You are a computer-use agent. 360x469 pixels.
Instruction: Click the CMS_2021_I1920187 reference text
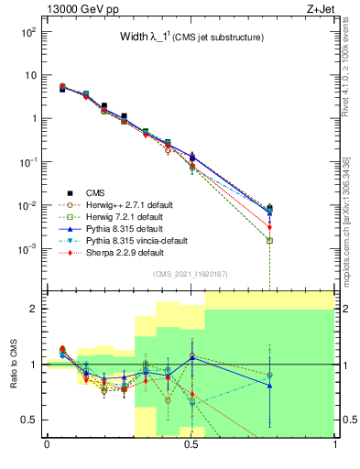(191, 274)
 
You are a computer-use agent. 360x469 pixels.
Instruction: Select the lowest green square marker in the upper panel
(270, 240)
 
